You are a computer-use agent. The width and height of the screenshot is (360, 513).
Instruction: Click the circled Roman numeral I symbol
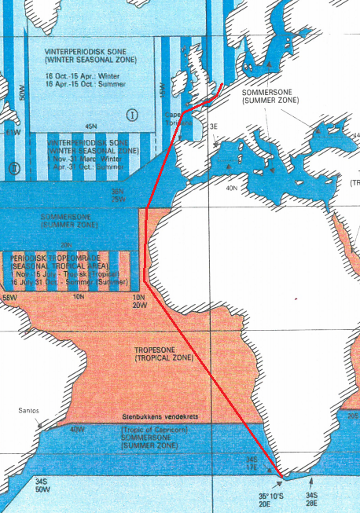[x=132, y=115]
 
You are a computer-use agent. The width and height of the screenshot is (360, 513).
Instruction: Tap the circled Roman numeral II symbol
[x=13, y=168]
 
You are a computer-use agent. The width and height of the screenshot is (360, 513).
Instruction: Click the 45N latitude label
[x=90, y=126]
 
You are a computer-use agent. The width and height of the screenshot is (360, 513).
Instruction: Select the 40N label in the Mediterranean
[x=231, y=189]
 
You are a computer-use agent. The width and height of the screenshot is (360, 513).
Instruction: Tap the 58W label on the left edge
[x=9, y=299]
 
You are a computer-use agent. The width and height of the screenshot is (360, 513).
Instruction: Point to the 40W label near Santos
[x=77, y=430]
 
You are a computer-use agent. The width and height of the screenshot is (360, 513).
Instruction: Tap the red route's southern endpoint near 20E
[x=280, y=474]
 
